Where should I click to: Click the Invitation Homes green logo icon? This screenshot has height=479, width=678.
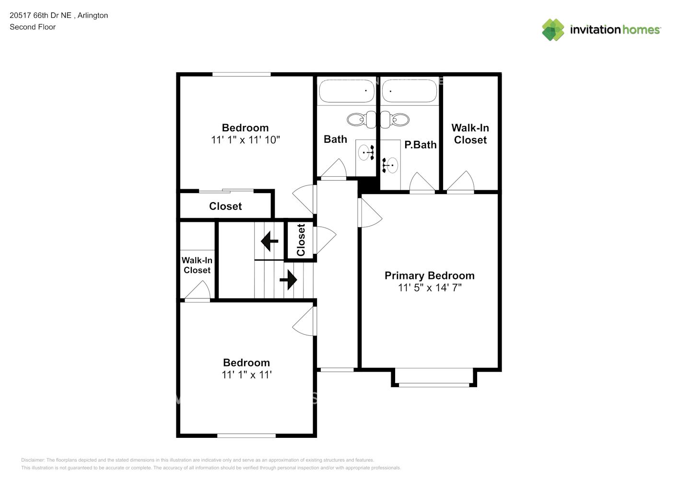point(553,30)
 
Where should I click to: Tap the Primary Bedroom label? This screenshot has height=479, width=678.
point(429,275)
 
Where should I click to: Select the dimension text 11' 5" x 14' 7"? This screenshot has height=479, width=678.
point(430,287)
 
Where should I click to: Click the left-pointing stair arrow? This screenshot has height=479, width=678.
point(269,241)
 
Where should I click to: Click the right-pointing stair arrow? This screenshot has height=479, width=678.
point(288,279)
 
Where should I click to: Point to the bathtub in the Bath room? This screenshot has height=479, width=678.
point(346,91)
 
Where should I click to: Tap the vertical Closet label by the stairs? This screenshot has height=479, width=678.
point(301,240)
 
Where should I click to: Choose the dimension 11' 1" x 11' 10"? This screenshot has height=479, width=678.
point(245,140)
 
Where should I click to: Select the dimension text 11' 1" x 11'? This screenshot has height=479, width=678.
point(246,375)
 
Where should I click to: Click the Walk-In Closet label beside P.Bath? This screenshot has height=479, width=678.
point(470,134)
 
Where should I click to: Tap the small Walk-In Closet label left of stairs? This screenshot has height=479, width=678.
point(197,265)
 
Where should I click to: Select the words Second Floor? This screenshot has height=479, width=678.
point(33,27)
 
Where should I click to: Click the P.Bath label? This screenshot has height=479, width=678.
point(420,145)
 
